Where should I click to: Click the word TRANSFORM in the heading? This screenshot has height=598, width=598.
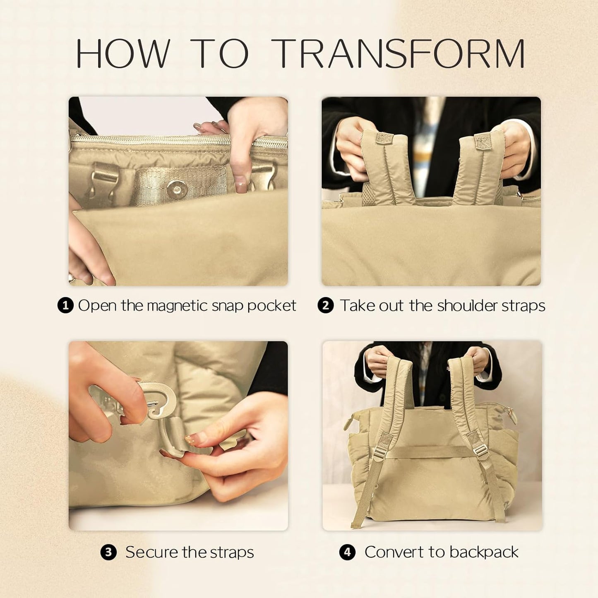point(399,53)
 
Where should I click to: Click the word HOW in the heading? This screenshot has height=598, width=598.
point(123,53)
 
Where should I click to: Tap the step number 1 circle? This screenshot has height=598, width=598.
point(65,306)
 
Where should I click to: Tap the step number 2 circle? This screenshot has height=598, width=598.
point(326,306)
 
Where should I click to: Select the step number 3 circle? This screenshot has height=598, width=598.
point(108,552)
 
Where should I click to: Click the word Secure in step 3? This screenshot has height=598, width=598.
point(151,552)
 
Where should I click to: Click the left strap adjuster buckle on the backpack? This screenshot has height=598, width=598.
point(379,454)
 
